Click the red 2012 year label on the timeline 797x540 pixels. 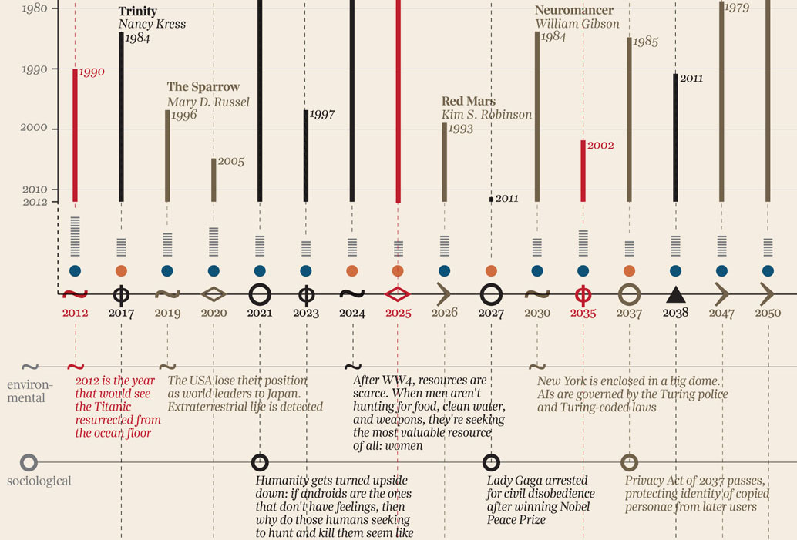76,314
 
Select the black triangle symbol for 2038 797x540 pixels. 675,293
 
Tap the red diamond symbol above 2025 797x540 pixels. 398,293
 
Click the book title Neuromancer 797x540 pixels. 574,11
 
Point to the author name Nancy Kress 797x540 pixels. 152,25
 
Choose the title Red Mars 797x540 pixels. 469,102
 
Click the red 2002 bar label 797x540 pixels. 600,145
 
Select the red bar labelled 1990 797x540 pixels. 76,135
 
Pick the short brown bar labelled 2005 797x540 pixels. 214,179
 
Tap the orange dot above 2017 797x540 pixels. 121,270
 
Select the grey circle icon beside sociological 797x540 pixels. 29,462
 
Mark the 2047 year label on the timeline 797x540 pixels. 722,314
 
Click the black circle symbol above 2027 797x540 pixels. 491,293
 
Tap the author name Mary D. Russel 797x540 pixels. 208,102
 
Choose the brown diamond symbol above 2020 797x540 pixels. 214,293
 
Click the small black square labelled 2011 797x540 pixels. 491,199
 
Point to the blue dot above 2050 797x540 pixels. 768,270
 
